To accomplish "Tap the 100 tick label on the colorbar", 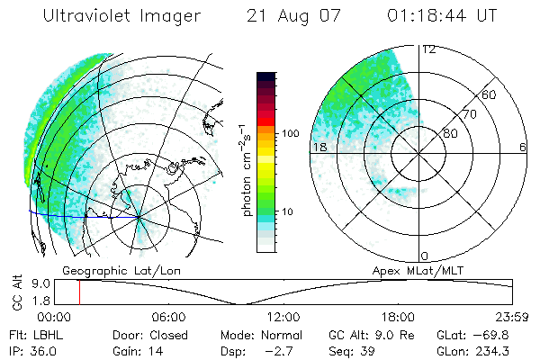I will [289, 133].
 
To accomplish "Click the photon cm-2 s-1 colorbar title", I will [246, 162].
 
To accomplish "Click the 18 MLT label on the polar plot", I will [318, 147].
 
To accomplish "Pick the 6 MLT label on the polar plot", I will [523, 147].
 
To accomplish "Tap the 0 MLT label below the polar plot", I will [424, 256].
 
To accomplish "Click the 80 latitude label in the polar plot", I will [449, 133].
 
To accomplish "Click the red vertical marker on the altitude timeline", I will [79, 292].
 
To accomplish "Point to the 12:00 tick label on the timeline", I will [283, 317].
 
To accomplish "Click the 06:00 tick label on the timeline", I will [168, 317].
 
